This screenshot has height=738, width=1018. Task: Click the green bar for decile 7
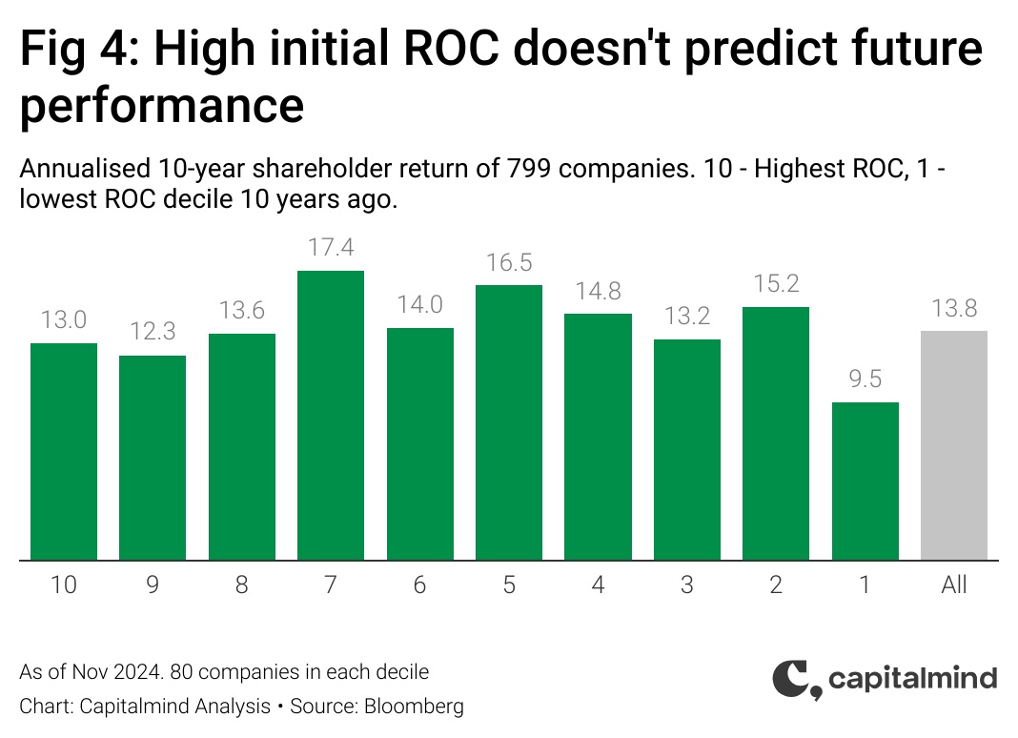[331, 415]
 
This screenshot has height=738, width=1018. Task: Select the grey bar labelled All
[954, 445]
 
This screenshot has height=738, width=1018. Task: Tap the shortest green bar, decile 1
[865, 482]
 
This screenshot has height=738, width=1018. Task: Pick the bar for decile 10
[64, 452]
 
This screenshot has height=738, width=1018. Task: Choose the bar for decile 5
[509, 422]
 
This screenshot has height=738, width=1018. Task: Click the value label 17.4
[331, 248]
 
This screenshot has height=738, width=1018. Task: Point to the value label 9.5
[865, 379]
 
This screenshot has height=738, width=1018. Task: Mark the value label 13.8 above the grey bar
[954, 308]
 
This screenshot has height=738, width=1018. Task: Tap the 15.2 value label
[776, 284]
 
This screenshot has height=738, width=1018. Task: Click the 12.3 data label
[153, 331]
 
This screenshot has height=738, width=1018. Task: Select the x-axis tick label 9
[153, 584]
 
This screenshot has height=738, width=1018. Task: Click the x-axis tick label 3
[687, 584]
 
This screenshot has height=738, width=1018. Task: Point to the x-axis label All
[954, 584]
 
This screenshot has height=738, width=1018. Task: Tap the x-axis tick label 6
[419, 584]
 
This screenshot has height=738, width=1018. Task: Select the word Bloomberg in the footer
[415, 707]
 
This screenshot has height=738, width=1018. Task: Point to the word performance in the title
[162, 105]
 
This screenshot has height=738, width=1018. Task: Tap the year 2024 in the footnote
[137, 672]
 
